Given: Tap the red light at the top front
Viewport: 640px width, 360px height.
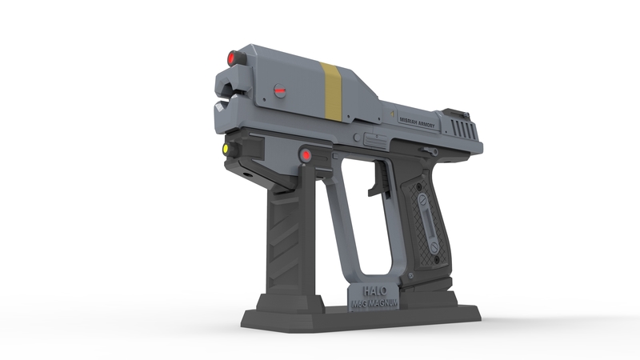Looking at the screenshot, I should (233, 58).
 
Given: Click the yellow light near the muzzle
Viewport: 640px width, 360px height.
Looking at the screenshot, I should (226, 149).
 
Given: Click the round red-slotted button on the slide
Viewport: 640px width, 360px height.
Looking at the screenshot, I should (279, 91).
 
